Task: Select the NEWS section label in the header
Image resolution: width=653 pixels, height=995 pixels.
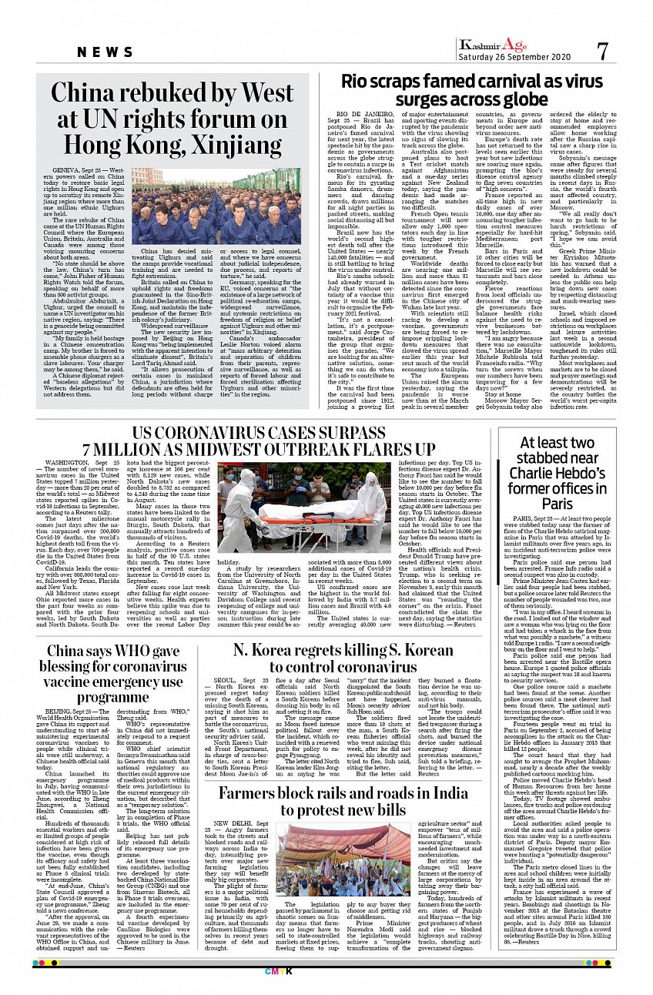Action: pos(105,52)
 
